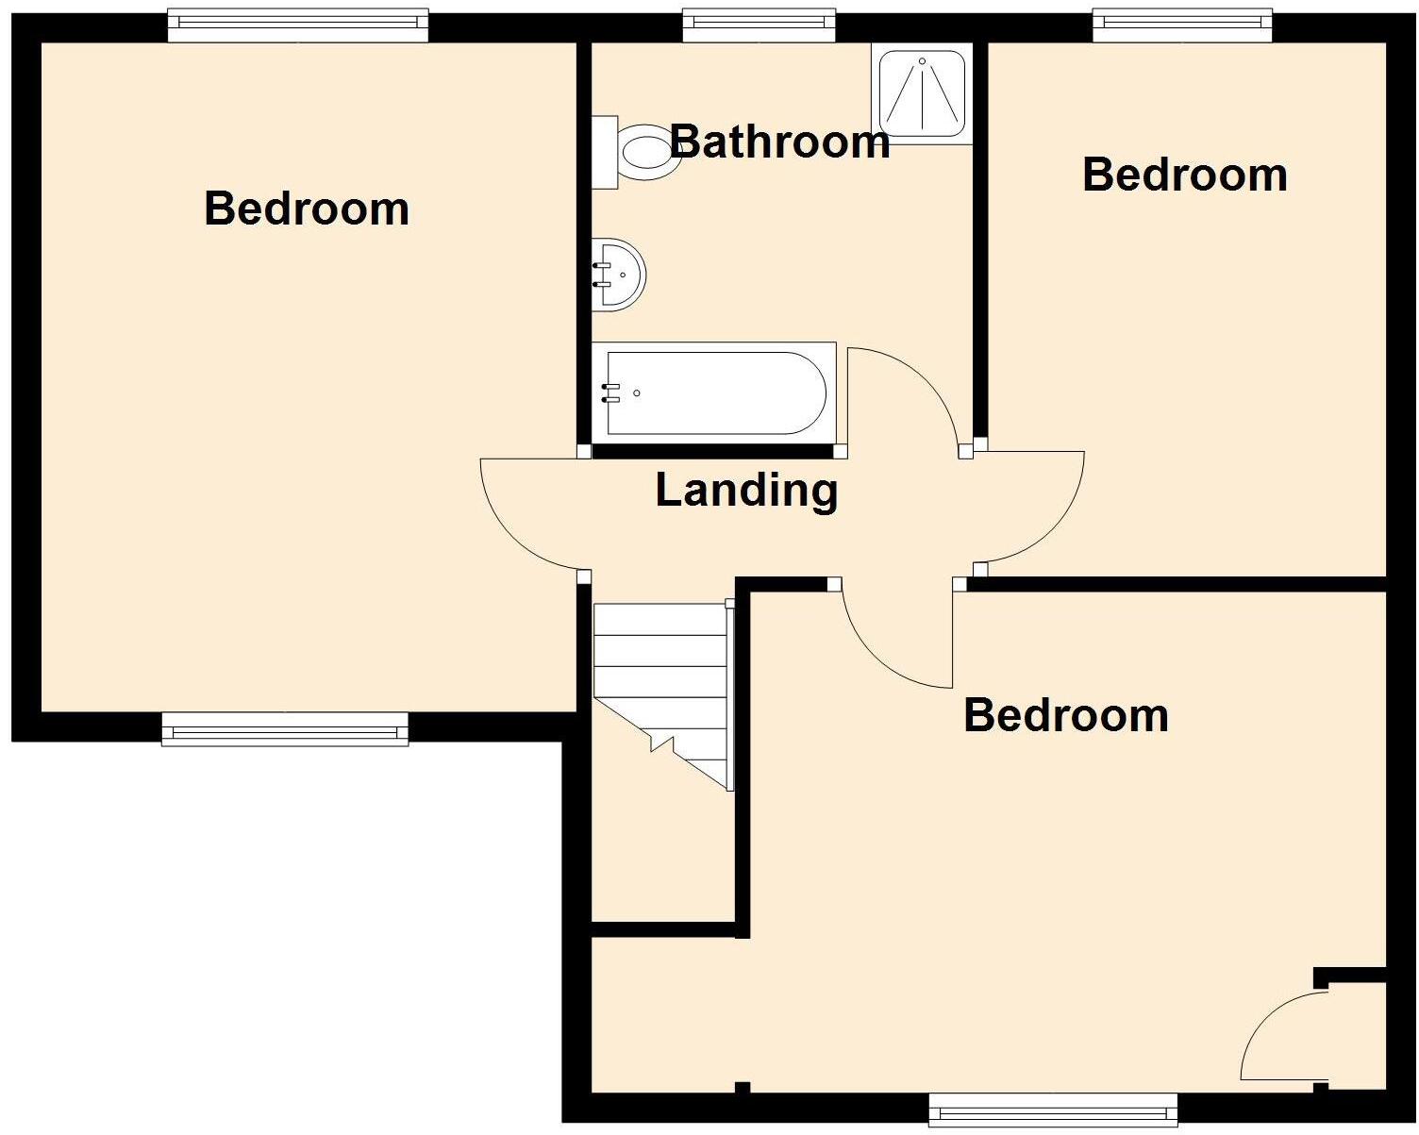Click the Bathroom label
779,142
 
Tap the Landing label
746,491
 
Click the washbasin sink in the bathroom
618,274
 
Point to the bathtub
714,392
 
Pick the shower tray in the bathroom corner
922,93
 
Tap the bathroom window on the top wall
759,25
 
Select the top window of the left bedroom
297,25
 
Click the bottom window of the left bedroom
285,729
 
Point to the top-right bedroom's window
1182,25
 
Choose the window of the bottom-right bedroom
1053,1110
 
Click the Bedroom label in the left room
307,209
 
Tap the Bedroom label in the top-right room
1185,175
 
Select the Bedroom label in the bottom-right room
1066,715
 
